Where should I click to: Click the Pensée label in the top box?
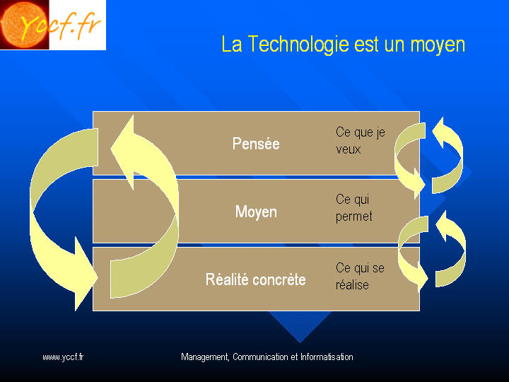[256, 144]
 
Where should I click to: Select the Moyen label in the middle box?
[256, 212]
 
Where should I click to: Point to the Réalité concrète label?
[256, 279]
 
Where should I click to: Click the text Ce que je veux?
[361, 141]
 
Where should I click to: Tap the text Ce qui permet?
[354, 208]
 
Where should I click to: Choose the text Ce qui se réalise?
[360, 277]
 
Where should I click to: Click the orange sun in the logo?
[23, 24]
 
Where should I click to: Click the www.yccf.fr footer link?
[63, 357]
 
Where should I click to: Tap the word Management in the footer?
[206, 357]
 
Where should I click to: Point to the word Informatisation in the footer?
[327, 357]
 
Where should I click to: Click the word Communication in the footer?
[260, 357]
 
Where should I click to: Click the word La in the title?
[232, 45]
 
